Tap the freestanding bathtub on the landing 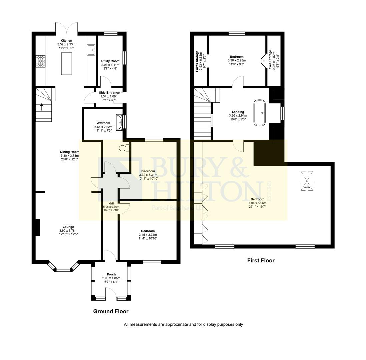tap(260, 113)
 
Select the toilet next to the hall tap(124, 148)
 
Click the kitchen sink tap(91, 50)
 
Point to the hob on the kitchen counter tap(41, 61)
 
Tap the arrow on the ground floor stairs tap(42, 107)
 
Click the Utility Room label tap(110, 61)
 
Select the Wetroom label tap(103, 123)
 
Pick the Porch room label tap(111, 274)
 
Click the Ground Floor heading tap(111, 311)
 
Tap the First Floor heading tap(261, 261)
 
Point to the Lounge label tap(68, 227)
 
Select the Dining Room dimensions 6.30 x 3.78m tap(70, 155)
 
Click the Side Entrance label tap(109, 93)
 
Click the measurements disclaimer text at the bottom tap(183, 324)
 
